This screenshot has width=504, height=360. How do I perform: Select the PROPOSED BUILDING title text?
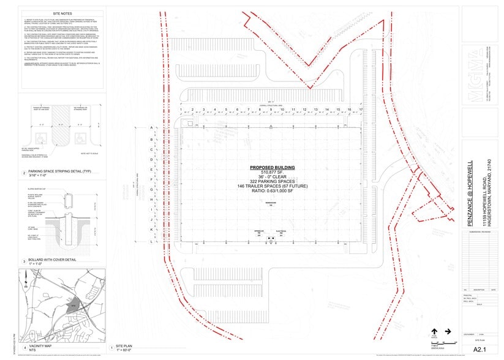[x=272, y=168]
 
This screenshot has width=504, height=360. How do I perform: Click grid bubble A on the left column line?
[x=151, y=128]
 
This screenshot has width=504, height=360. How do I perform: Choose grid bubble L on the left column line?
[x=151, y=242]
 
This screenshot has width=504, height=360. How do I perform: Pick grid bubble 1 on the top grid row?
[x=182, y=110]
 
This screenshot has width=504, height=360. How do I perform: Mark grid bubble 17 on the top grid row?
[x=361, y=110]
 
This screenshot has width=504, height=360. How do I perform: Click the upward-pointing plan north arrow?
[x=434, y=331]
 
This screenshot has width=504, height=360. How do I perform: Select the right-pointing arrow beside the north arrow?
[x=448, y=331]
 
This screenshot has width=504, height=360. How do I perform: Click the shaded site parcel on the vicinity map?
[x=72, y=302]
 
